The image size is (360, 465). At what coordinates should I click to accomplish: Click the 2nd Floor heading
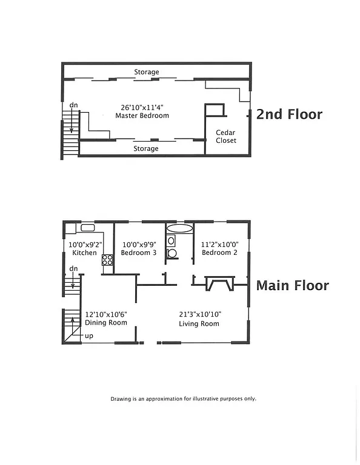(289, 114)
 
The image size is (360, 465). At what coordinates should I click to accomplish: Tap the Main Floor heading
(292, 285)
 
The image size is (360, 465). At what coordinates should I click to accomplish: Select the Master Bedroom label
(142, 116)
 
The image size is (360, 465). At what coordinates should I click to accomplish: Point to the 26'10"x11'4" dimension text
(142, 107)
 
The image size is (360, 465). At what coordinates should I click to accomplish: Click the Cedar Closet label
(226, 136)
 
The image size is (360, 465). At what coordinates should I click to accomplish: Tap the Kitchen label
(84, 252)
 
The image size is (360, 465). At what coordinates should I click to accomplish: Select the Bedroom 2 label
(219, 252)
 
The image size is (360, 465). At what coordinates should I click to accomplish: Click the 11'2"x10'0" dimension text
(219, 244)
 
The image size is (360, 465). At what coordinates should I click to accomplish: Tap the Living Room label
(199, 324)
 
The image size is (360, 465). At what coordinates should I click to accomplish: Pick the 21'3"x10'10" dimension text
(199, 314)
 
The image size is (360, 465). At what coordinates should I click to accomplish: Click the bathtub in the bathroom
(178, 229)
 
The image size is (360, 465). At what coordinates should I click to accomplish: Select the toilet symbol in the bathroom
(172, 254)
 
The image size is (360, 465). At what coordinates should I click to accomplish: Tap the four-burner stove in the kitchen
(107, 260)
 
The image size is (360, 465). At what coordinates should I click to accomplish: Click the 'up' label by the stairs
(88, 335)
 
